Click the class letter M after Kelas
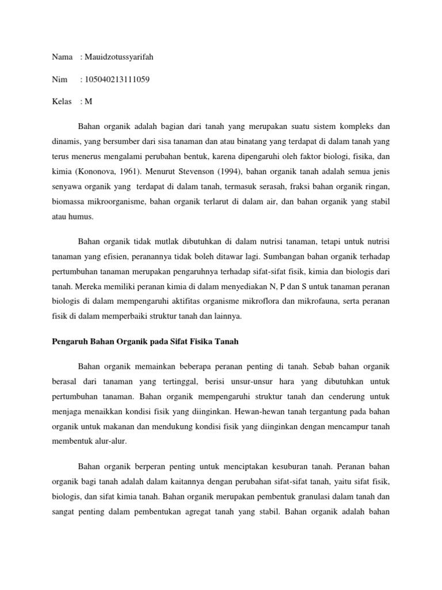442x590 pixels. click(x=89, y=101)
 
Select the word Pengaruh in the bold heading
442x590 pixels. click(x=63, y=342)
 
